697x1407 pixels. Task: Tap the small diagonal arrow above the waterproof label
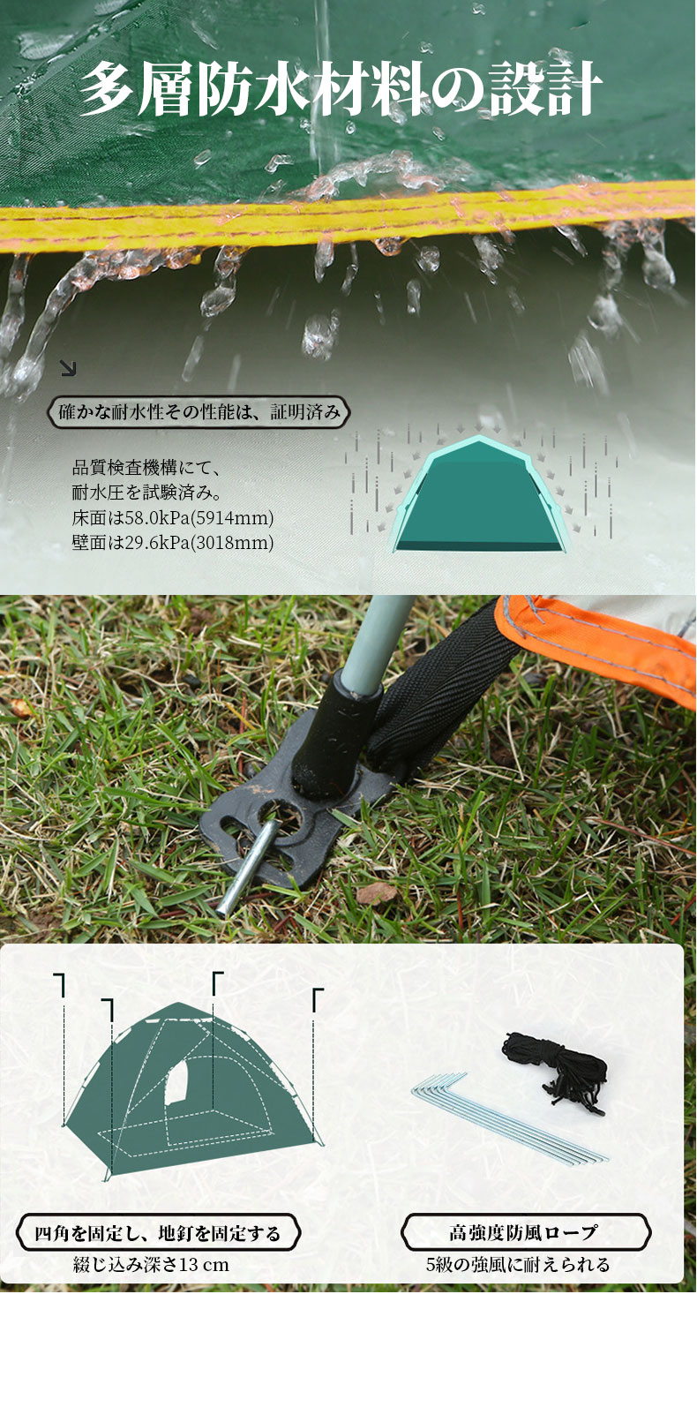(68, 368)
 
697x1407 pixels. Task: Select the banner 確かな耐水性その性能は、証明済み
(199, 412)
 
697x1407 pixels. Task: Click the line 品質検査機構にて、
(146, 468)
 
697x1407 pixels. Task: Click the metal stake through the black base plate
(247, 866)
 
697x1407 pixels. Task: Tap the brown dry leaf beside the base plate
(376, 892)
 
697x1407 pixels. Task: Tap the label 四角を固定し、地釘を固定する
(158, 1233)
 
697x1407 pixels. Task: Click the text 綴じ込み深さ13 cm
(151, 1264)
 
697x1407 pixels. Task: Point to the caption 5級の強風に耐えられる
(518, 1264)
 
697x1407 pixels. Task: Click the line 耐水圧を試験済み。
(146, 493)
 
